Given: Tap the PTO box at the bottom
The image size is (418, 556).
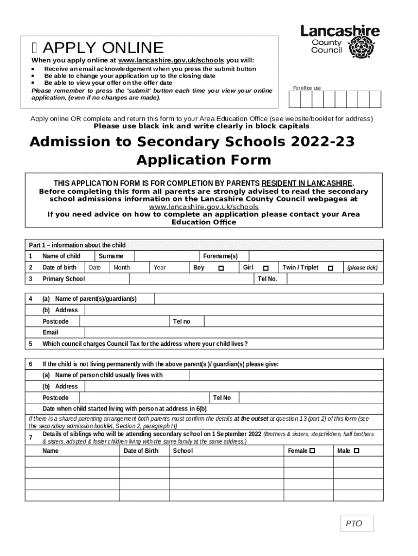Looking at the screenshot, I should (354, 523).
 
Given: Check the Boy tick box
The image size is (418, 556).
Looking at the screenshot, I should (221, 268).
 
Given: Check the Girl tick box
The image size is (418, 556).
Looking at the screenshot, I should (265, 268).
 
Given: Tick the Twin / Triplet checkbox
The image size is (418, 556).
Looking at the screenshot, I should (330, 268).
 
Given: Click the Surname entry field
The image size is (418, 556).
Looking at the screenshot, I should (165, 256).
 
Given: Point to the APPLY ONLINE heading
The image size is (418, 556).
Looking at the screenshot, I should (103, 48).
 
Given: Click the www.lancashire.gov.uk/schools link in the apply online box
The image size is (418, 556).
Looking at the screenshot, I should (171, 60).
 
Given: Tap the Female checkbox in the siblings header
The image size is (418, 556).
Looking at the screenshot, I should (312, 451).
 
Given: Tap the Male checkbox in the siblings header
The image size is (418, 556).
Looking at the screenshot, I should (357, 451).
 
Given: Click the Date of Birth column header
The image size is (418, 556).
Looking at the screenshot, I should (141, 451).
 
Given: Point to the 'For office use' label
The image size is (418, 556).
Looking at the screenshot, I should (307, 88).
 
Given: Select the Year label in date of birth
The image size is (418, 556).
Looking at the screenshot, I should (160, 268).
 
